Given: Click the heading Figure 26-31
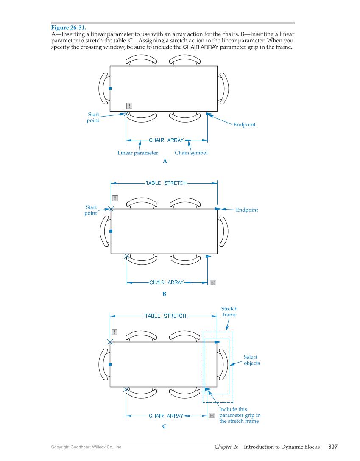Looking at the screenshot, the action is tap(68, 28).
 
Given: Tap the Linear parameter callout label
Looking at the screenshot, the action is tap(138, 153).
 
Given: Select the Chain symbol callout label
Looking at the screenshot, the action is tap(191, 153).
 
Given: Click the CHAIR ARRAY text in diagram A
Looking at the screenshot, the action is tap(166, 140).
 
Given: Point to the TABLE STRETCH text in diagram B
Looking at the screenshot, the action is tap(166, 183).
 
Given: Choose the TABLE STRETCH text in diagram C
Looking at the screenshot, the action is tap(165, 316).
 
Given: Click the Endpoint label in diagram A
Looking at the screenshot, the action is tap(245, 125).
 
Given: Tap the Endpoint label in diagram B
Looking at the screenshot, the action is tap(247, 210).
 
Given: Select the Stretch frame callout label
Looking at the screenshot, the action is tap(229, 312).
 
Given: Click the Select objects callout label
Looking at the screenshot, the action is tap(251, 360).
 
